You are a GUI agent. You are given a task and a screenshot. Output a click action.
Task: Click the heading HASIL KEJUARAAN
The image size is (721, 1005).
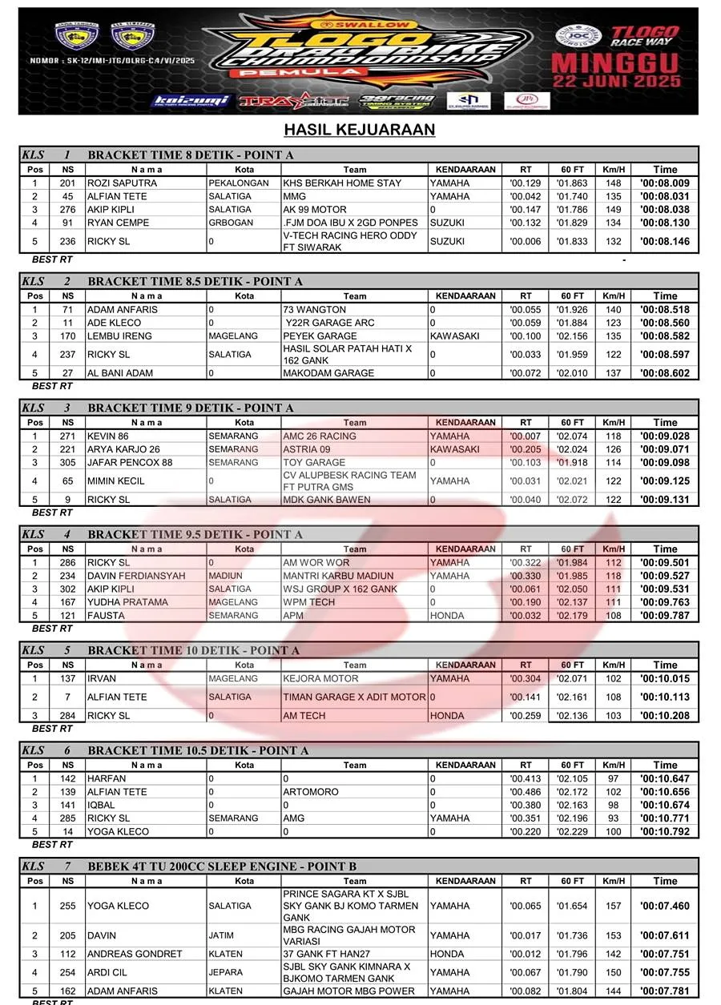click(x=360, y=130)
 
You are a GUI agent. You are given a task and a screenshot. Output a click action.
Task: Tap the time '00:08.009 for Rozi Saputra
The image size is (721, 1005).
click(x=664, y=183)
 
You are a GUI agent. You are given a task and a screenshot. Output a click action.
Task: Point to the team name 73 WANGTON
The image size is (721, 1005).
click(x=315, y=310)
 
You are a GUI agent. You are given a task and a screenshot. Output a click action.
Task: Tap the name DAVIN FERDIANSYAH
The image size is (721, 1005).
click(x=136, y=576)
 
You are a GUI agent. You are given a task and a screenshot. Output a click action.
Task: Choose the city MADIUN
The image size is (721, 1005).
click(x=225, y=576)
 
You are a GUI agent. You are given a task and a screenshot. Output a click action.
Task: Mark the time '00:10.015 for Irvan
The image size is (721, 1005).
click(x=664, y=679)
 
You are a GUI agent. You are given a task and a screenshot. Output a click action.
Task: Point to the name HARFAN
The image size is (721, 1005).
click(x=107, y=779)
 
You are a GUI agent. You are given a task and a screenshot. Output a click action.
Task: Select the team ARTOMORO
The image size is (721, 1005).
click(x=311, y=792)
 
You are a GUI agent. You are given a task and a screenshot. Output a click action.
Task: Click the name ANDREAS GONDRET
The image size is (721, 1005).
click(x=135, y=955)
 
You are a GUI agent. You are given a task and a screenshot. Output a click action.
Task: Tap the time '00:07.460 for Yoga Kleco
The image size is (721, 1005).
click(x=664, y=907)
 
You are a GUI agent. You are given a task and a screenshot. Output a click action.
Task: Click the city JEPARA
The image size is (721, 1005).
click(x=225, y=973)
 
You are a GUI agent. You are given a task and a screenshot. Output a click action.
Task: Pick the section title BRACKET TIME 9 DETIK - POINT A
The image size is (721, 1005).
click(x=191, y=408)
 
